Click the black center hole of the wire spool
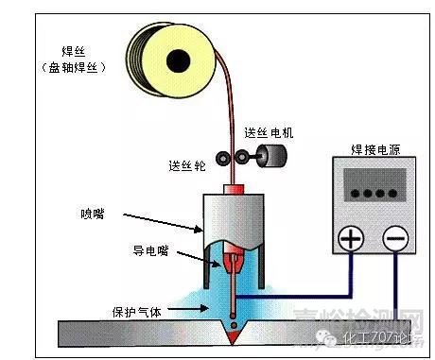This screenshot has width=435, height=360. pos(175,61)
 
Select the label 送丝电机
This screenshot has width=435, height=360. pos(268,131)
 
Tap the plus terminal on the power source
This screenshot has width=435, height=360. pos(350,240)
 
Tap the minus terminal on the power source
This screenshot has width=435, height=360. pos(394,240)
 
